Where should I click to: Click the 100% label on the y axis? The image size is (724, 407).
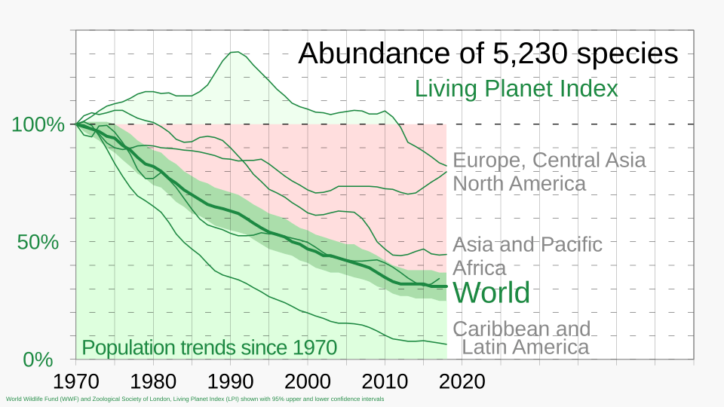point(38,124)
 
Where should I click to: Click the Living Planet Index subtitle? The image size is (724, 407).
point(516,89)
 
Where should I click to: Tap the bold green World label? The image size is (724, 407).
point(492,292)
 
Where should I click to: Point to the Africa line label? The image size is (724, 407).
point(480,268)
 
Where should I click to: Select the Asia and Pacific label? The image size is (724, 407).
point(527,245)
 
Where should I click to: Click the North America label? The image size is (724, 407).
point(519,184)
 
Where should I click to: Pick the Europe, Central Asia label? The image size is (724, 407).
point(549,161)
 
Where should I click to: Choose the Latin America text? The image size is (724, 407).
point(525,347)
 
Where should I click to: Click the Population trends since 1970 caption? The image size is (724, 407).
point(209,348)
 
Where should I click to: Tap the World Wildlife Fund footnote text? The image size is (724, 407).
point(195,399)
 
